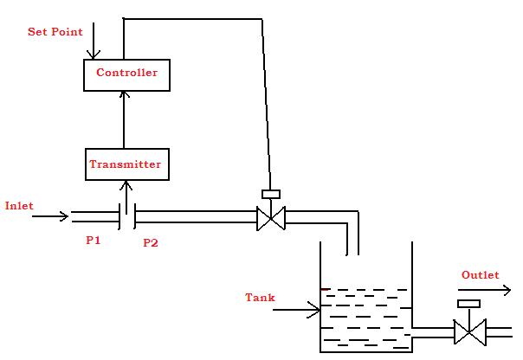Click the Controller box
(x=126, y=74)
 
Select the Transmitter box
(x=126, y=164)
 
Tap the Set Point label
(x=55, y=32)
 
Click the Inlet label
(x=19, y=206)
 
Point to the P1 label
(x=93, y=241)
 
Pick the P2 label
(x=150, y=242)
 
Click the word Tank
(x=260, y=298)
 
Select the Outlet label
(x=479, y=275)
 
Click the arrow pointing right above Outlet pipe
(x=484, y=292)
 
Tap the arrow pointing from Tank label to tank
(x=299, y=307)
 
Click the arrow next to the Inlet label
(x=50, y=216)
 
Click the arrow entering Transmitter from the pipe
(x=126, y=196)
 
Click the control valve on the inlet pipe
(x=271, y=219)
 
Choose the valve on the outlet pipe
(x=468, y=331)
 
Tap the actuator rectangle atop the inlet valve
(x=271, y=194)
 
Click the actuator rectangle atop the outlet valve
(x=468, y=304)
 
